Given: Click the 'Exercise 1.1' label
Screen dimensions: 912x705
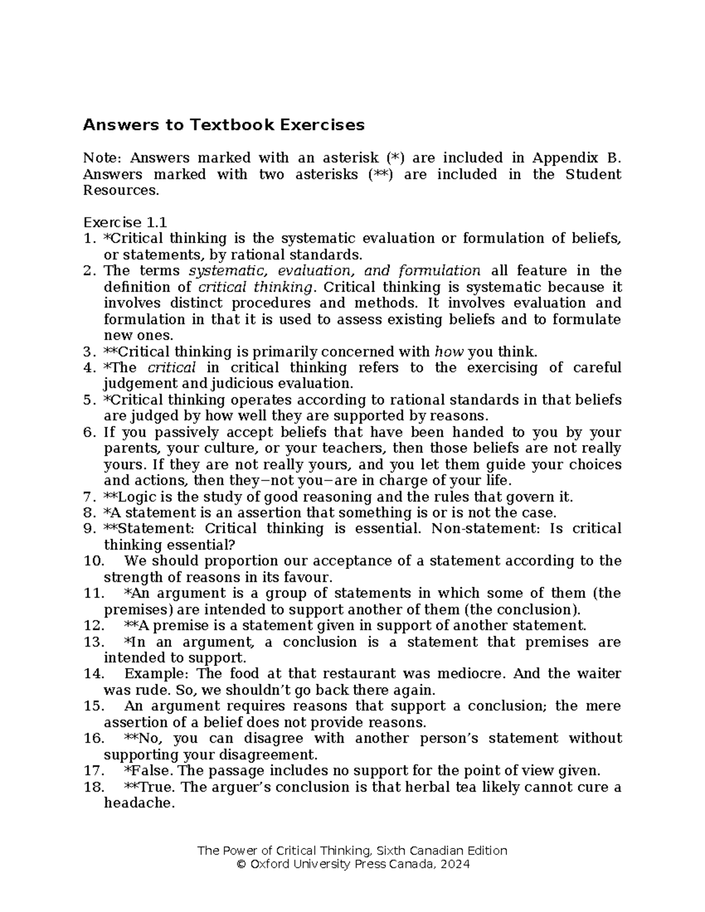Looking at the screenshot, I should [x=125, y=223].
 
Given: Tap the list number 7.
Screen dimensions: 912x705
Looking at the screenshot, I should [x=89, y=497].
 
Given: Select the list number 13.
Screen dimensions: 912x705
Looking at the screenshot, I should [x=94, y=642].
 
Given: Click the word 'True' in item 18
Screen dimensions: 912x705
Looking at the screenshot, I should [x=149, y=787].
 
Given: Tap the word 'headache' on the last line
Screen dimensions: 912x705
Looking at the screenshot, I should [x=138, y=803].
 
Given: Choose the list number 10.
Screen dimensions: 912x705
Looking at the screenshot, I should [x=94, y=561].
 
